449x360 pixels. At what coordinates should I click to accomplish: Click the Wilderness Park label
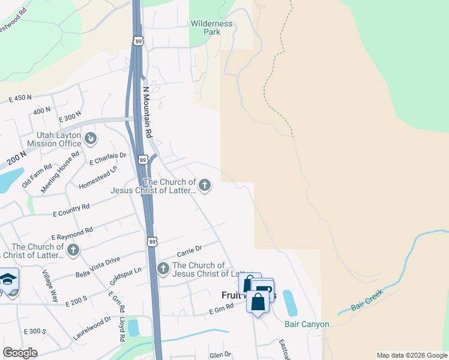point(211,28)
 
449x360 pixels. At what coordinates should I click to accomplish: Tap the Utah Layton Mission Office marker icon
point(91,139)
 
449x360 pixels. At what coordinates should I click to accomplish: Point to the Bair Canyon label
point(307,324)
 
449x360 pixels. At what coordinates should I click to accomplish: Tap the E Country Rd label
point(71,210)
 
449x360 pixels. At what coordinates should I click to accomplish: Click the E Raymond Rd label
point(72,233)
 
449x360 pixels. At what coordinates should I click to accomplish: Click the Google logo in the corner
point(20,353)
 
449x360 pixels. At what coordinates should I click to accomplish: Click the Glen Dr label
point(216,355)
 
